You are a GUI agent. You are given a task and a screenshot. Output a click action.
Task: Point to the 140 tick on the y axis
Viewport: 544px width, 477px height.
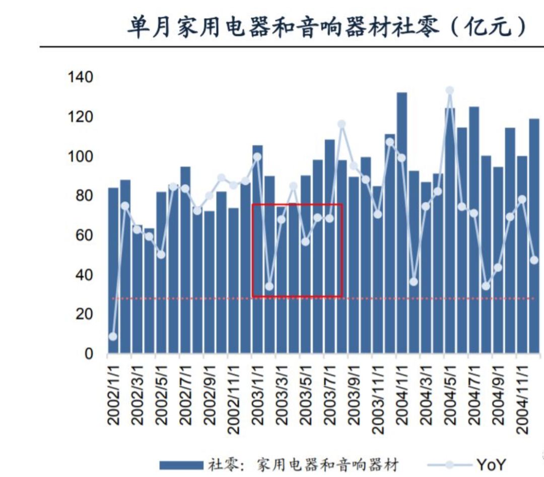[x=81, y=77]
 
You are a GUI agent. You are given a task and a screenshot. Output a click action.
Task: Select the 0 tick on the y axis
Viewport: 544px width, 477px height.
[x=89, y=354]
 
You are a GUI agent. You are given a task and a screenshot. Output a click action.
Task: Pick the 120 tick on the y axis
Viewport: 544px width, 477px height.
[x=81, y=117]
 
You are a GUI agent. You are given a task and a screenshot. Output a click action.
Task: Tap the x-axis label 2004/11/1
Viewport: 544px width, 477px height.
[x=522, y=397]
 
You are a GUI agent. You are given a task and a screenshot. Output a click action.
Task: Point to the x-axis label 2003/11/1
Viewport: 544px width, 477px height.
[x=378, y=397]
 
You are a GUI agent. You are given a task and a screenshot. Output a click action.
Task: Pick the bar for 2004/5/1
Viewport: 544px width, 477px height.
[x=450, y=231]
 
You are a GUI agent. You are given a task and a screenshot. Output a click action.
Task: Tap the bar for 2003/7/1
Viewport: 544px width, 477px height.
[x=330, y=247]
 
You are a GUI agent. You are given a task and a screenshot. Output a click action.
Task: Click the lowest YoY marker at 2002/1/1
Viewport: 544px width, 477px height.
[x=113, y=336]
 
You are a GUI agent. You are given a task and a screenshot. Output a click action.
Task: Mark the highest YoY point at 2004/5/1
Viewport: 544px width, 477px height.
[x=450, y=91]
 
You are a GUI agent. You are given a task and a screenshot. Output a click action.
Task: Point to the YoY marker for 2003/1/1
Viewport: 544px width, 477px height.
[x=257, y=157]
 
